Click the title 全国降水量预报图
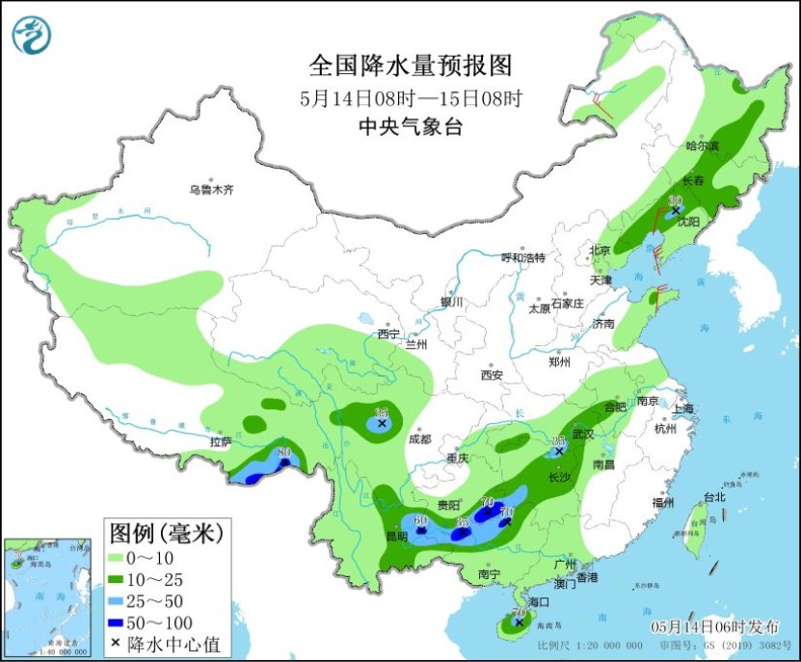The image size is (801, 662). [410, 66]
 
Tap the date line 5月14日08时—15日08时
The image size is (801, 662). [410, 97]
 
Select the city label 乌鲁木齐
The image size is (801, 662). [211, 191]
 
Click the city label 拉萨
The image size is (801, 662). [221, 442]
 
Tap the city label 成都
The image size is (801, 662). [420, 438]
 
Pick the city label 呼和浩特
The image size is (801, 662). [522, 258]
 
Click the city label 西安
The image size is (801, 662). [493, 375]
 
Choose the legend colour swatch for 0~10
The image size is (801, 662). [124, 557]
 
